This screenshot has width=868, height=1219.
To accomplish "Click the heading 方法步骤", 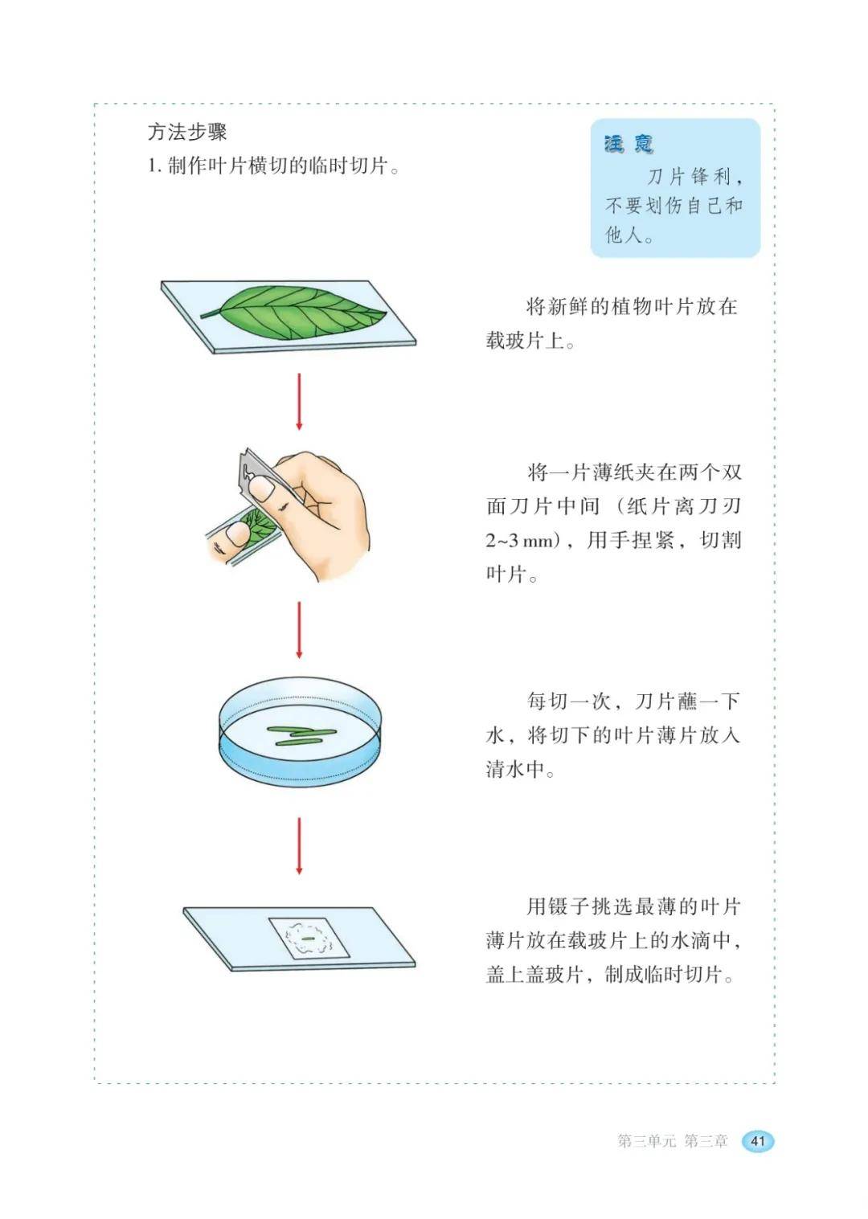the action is tap(187, 133).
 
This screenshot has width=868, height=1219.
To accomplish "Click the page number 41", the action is tap(758, 1140).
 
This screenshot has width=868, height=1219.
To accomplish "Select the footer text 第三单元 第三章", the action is tap(673, 1140).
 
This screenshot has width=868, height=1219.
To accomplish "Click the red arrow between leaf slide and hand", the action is tap(299, 402).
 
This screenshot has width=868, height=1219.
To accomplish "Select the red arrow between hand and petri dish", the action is tap(299, 630).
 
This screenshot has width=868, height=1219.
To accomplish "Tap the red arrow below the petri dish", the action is tap(299, 846).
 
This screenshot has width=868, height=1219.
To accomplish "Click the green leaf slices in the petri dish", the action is tap(300, 735).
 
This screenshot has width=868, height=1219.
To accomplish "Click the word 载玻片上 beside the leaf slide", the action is tap(525, 341).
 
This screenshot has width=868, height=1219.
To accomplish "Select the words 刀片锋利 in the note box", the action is tap(689, 177).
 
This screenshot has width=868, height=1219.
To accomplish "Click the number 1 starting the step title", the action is tap(152, 166).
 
